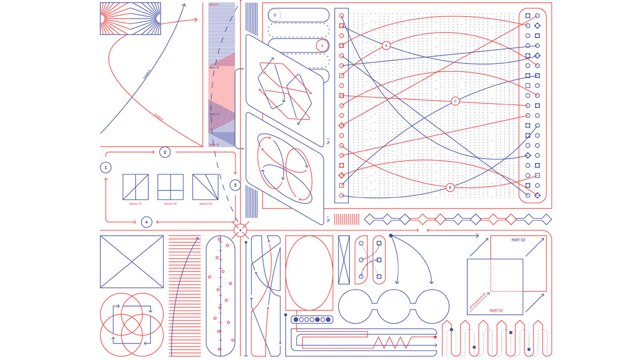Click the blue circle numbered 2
point(165,152)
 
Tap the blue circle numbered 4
point(147,222)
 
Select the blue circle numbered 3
point(235,185)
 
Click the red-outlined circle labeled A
point(386,46)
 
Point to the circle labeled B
point(450,187)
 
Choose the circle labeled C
point(455,101)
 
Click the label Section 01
point(135,204)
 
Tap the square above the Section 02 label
point(170,187)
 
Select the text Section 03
point(206,204)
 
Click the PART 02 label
point(518,240)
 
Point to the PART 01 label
point(496,310)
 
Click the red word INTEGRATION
point(478,301)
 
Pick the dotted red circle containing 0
point(275,15)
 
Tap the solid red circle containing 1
point(322,46)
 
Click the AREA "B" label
point(214,68)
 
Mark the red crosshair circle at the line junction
point(240,230)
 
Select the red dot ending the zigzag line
point(435,337)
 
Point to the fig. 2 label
point(328,141)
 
